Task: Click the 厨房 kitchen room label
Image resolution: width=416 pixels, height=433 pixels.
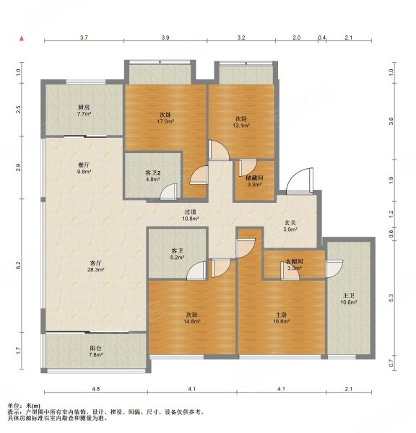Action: [x=83, y=107]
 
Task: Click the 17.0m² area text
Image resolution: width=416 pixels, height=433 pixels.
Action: [x=165, y=122]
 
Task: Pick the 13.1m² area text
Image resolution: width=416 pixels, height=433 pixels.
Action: [x=241, y=126]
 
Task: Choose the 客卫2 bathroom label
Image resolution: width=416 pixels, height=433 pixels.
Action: [x=153, y=173]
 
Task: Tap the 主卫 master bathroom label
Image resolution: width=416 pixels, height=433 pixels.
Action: [x=349, y=294]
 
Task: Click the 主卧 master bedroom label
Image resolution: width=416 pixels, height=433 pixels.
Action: [x=282, y=315]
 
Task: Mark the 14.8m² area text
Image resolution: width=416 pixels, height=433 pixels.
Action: [x=191, y=322]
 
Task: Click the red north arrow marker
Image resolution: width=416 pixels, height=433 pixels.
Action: [x=24, y=37]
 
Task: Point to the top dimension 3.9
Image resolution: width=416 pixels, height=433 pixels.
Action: [x=165, y=37]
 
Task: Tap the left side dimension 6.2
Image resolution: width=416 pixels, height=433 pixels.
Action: [x=18, y=266]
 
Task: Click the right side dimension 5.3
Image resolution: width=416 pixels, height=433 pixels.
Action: [x=391, y=297]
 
